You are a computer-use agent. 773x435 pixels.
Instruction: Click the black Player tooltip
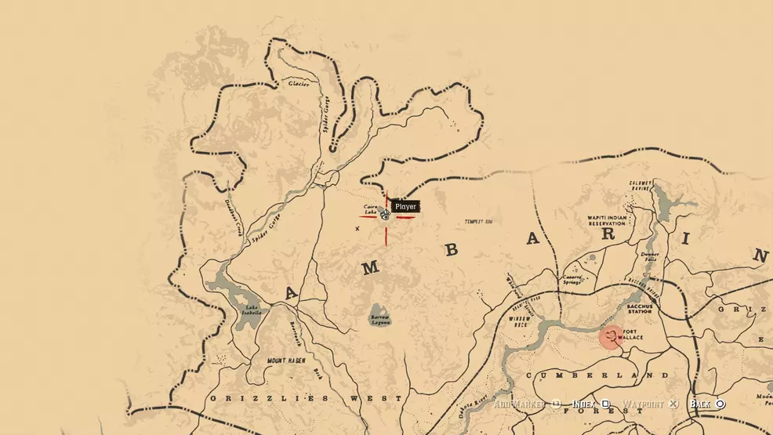click(405, 207)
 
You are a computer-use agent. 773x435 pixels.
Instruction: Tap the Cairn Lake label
click(371, 210)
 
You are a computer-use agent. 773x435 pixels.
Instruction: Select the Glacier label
click(298, 83)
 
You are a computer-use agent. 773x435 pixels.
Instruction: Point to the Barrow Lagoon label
click(379, 320)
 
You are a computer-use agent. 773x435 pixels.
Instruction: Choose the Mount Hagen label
click(285, 361)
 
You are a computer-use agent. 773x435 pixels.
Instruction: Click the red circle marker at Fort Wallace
click(611, 337)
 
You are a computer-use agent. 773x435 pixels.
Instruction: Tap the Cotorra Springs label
click(572, 279)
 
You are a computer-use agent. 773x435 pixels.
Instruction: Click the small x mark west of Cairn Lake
click(357, 229)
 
